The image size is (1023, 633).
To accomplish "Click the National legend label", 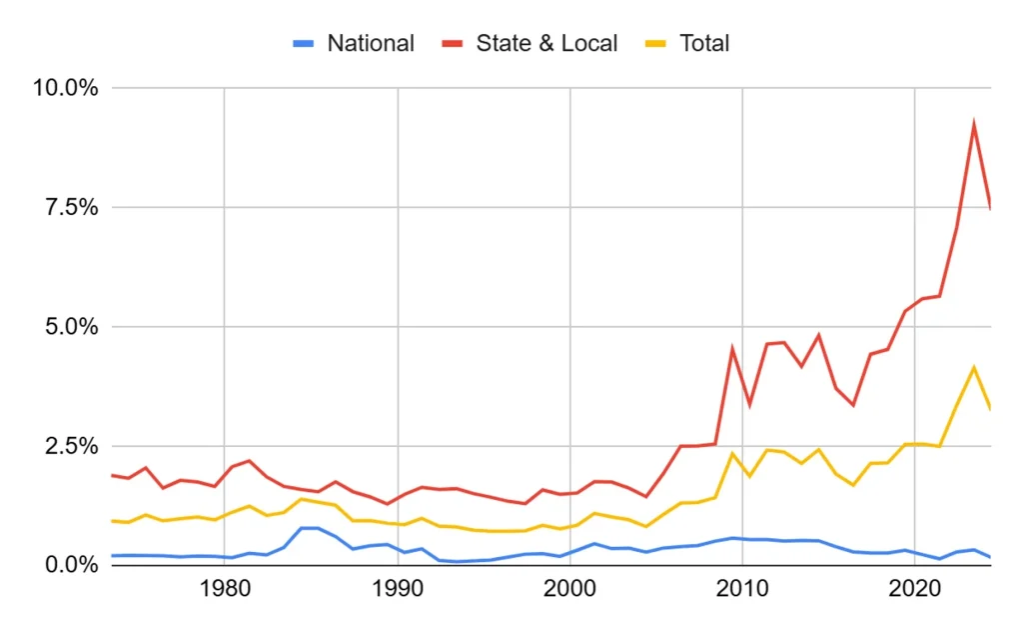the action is [x=371, y=43].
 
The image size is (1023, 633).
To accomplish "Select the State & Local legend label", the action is [x=546, y=43].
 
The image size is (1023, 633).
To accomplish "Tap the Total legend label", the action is [x=704, y=43].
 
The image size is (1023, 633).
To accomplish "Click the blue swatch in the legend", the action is [x=304, y=44].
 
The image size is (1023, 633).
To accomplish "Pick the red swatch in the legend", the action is [x=453, y=44].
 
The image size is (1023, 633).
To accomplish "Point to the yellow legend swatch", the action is [x=655, y=44].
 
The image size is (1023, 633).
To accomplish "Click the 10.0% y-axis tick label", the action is [x=66, y=88].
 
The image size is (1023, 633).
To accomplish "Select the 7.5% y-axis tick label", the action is [x=72, y=207].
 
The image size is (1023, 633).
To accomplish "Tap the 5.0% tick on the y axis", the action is [x=72, y=327].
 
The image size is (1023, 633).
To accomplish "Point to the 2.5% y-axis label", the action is [x=72, y=446].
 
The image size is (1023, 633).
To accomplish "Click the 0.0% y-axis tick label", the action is [x=72, y=564].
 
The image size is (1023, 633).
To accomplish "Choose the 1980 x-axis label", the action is [x=225, y=589].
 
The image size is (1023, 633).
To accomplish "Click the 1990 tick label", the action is [x=398, y=589].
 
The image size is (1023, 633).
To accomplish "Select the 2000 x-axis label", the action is [x=569, y=589].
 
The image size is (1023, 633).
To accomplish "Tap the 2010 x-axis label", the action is [x=742, y=589].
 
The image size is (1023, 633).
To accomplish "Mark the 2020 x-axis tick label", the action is [x=915, y=589].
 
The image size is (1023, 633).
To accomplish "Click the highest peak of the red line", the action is [x=974, y=123].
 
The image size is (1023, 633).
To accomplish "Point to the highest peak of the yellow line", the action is [x=974, y=368].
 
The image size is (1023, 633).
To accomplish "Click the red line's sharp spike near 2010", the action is [x=732, y=348].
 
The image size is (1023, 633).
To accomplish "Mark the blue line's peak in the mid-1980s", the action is [x=310, y=528].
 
